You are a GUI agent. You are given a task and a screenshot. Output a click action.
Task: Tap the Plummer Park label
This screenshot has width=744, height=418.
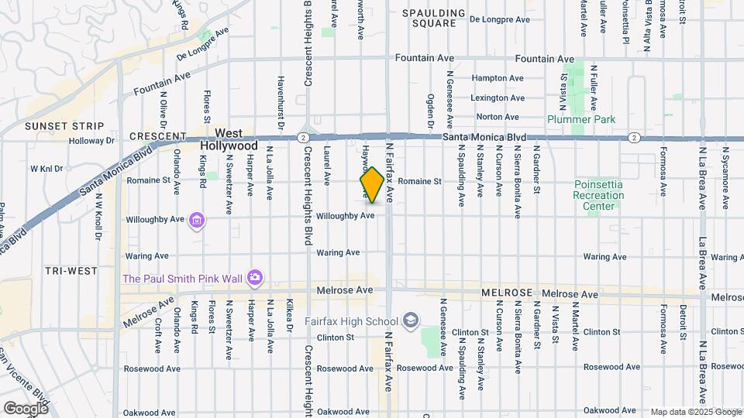580,119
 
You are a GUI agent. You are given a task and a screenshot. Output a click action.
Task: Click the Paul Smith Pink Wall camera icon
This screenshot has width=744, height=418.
255,277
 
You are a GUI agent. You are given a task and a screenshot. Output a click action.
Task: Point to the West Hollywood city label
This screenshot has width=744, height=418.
229,139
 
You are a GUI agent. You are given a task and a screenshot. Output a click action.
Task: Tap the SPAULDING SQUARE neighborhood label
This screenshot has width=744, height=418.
433,18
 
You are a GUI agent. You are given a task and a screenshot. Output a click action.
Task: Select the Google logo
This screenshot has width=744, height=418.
26,408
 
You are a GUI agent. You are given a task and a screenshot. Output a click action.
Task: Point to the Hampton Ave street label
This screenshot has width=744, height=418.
498,78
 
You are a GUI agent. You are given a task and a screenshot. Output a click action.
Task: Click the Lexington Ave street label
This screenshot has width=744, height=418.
498,98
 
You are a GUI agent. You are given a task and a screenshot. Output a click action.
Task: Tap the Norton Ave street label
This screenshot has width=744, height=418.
498,117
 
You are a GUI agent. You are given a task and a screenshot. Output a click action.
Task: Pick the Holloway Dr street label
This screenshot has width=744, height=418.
91,141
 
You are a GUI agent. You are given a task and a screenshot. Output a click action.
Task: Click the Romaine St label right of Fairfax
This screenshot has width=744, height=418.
422,182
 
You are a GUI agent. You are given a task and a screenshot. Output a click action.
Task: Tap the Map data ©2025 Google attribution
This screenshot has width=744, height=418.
695,412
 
